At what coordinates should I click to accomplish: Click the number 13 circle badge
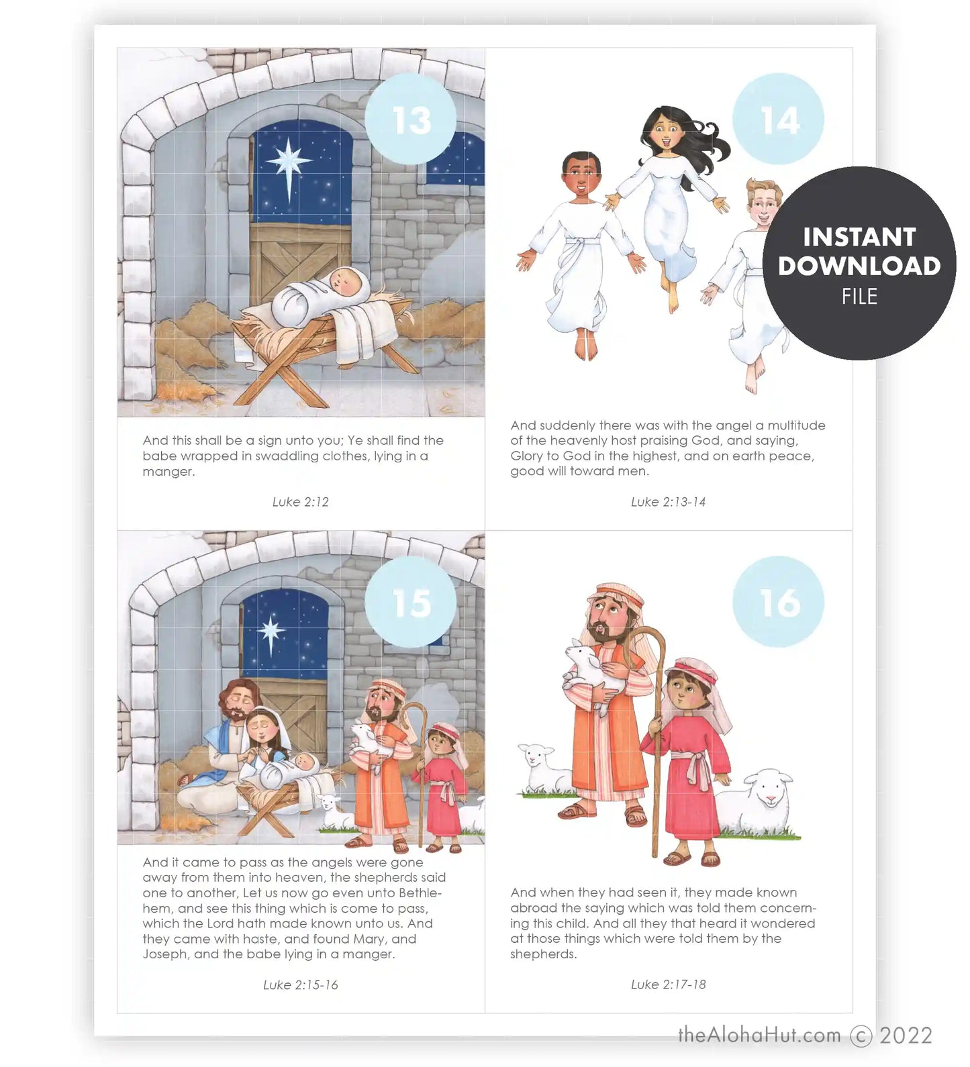[411, 119]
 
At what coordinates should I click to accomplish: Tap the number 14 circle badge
[779, 119]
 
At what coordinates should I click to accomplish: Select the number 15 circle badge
[411, 602]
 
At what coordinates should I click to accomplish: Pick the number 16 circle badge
[779, 602]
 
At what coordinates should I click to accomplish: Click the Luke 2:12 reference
[301, 502]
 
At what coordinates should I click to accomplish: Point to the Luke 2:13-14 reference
[669, 502]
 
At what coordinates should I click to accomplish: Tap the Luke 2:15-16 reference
[301, 985]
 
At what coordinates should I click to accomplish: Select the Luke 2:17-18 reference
[669, 984]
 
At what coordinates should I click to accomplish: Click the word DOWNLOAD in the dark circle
[859, 266]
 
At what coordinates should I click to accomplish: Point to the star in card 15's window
[272, 631]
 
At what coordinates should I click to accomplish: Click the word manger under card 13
[168, 472]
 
